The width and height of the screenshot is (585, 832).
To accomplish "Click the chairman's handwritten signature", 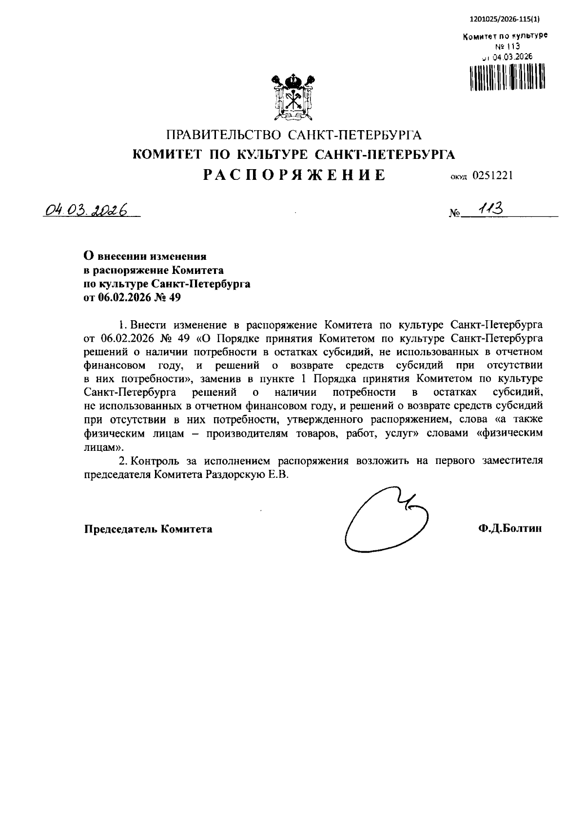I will click(385, 520).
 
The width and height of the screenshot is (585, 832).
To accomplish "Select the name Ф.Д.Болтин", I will click(510, 529).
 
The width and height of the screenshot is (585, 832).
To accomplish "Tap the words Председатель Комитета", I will click(148, 529).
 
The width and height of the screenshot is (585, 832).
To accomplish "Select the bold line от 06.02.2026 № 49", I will click(132, 297).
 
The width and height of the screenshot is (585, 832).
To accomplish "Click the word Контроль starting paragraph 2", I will click(154, 461).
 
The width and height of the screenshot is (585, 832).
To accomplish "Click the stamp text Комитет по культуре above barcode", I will click(505, 37).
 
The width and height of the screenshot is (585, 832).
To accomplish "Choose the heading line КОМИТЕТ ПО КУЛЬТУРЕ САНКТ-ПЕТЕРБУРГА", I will click(294, 155).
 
